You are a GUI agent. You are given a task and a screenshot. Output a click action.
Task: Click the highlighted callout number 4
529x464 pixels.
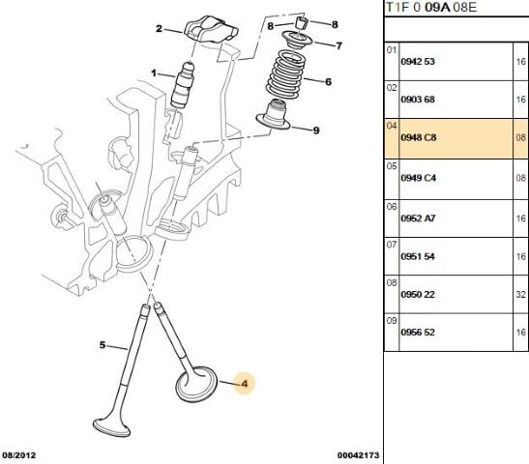[244, 385]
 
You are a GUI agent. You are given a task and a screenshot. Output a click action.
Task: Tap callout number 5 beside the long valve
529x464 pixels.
[102, 344]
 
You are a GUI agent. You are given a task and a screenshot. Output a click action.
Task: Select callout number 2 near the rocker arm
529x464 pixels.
[160, 29]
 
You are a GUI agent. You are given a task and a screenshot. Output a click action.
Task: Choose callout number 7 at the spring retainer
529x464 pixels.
[338, 45]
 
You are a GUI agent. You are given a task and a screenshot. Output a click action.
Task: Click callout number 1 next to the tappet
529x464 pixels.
[153, 72]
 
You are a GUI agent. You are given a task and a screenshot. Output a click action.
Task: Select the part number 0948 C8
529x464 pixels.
[419, 139]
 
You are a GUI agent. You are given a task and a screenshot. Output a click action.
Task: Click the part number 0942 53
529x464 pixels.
[419, 61]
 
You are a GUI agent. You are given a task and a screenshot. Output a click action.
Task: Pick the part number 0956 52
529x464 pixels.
[419, 332]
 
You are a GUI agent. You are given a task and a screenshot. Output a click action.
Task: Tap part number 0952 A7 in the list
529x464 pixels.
[419, 219]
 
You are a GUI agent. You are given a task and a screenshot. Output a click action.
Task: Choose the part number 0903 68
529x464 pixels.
[419, 100]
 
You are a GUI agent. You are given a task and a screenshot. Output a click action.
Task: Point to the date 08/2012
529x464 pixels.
[19, 453]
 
